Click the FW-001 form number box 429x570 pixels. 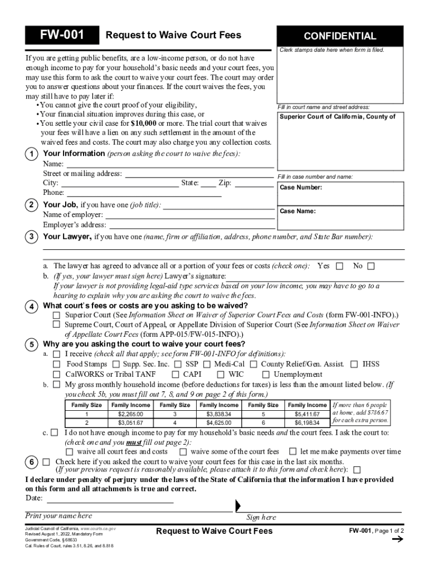[x=62, y=36]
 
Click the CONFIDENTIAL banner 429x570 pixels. [x=340, y=36]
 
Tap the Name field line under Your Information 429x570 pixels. [x=170, y=164]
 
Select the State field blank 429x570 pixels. [x=208, y=183]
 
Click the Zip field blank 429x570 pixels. [x=254, y=183]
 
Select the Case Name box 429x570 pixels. [x=340, y=218]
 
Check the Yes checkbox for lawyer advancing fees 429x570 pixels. [x=339, y=266]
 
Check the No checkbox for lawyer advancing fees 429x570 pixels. [x=371, y=266]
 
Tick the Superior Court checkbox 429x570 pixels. [x=56, y=315]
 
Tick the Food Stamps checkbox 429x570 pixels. [x=56, y=365]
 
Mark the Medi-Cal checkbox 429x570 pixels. [x=206, y=365]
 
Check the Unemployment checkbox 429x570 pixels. [x=265, y=375]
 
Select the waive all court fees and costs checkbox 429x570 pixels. [x=69, y=452]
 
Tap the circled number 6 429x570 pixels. [x=32, y=462]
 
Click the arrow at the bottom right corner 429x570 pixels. [x=397, y=539]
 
